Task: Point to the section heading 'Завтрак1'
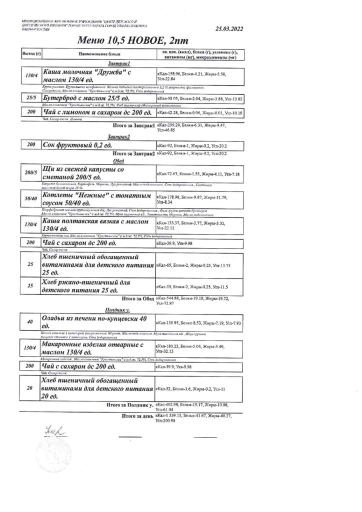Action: pos(119,63)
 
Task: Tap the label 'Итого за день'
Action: pos(137,415)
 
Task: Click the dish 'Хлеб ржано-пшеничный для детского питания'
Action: pos(80,286)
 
